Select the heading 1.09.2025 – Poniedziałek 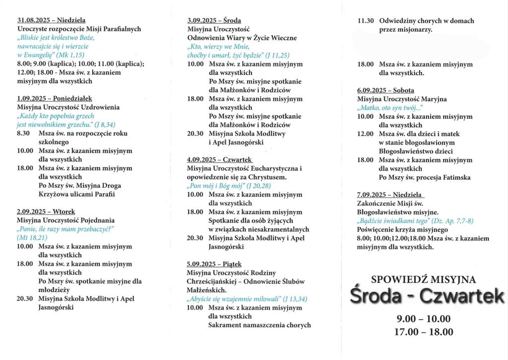[54, 99]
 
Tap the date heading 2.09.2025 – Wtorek [46, 211]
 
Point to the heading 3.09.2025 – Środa [214, 20]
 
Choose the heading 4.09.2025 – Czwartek [220, 160]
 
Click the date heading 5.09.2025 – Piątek [214, 264]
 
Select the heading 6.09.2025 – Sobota [385, 90]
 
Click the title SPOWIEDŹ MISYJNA [423, 280]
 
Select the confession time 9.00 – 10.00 [424, 319]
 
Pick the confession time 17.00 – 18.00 [424, 332]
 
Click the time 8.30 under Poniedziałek [24, 134]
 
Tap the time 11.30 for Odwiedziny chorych [366, 21]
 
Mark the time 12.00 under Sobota [366, 134]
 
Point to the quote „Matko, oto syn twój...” [389, 108]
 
